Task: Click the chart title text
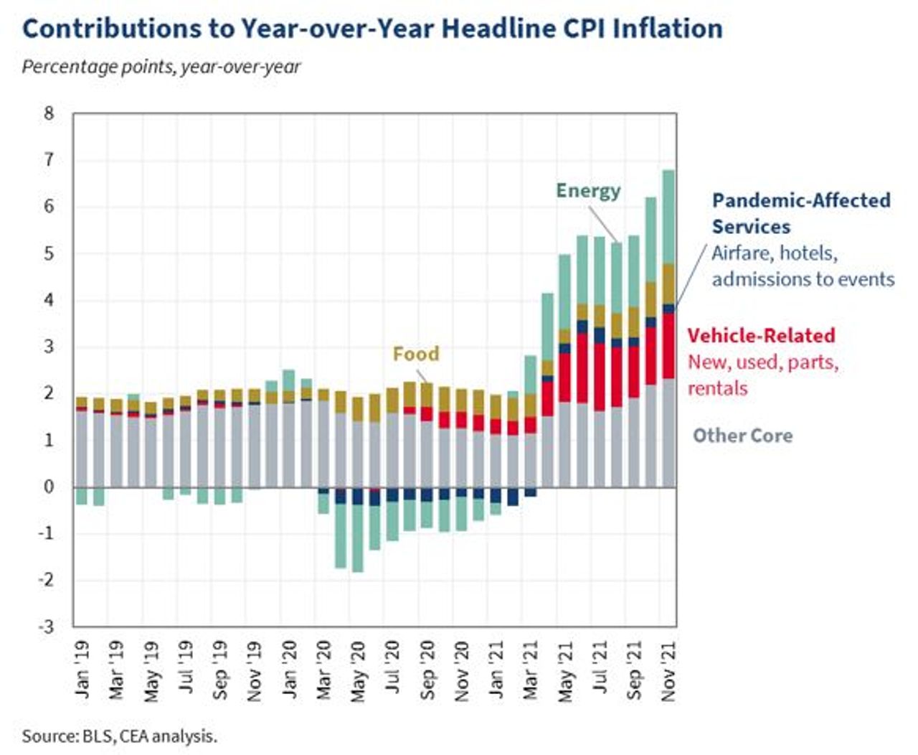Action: click(x=372, y=29)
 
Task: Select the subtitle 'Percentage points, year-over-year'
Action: click(x=161, y=67)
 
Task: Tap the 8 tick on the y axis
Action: click(x=49, y=113)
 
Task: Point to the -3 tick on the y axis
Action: click(x=45, y=626)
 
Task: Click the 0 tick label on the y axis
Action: click(x=49, y=487)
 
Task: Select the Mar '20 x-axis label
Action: click(x=323, y=670)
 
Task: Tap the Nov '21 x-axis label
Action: click(x=668, y=670)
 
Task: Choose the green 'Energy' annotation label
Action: click(x=588, y=191)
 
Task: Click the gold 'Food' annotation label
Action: click(x=415, y=354)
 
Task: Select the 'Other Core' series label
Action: click(x=742, y=436)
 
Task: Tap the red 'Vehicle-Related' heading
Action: click(x=761, y=336)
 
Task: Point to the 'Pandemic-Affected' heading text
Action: click(x=801, y=200)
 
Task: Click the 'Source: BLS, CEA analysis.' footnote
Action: click(x=119, y=736)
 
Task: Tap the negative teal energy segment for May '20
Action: click(x=357, y=538)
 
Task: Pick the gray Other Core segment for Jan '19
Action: click(x=82, y=449)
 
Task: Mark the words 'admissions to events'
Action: click(x=803, y=279)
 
